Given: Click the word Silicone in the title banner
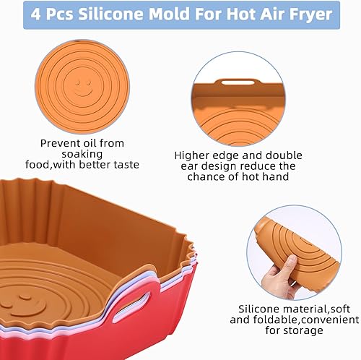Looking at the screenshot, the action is coord(110,14).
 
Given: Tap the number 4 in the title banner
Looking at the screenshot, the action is coord(35,14).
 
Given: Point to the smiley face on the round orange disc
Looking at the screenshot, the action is coord(83,88).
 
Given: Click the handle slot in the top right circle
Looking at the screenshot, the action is coord(238,82).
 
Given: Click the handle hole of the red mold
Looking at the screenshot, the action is coord(131,306).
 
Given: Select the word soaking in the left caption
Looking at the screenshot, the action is coord(82,154).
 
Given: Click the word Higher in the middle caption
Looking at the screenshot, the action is coord(190,155).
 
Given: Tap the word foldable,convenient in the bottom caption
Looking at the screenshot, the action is coord(306,320).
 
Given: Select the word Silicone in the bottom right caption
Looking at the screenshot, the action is coord(259,309).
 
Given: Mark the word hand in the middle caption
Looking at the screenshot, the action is coord(276,176).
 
